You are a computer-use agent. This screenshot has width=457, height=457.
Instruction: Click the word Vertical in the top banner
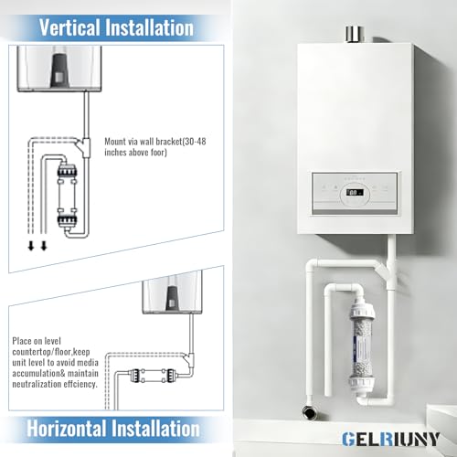(69, 27)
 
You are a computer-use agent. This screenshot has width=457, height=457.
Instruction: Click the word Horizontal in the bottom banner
(67, 429)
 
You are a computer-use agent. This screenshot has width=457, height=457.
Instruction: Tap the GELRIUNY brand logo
(390, 440)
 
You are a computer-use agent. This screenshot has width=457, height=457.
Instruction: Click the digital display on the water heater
(355, 193)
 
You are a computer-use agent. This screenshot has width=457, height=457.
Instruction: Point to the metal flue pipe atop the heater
(355, 35)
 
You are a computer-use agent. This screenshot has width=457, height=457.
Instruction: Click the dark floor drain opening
(309, 412)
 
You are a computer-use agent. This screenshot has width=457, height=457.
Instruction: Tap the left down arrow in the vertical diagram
(31, 246)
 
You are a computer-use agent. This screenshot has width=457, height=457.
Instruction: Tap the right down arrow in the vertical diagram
(44, 246)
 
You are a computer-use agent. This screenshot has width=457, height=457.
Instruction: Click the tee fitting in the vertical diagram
(84, 147)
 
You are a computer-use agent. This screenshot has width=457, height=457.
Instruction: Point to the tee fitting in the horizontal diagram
(189, 359)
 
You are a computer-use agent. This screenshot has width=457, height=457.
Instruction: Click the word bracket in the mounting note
(168, 142)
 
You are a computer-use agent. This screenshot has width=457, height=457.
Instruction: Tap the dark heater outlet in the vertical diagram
(59, 69)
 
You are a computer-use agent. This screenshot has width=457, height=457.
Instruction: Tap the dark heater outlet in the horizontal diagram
(173, 298)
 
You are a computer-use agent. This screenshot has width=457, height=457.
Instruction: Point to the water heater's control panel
(355, 193)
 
